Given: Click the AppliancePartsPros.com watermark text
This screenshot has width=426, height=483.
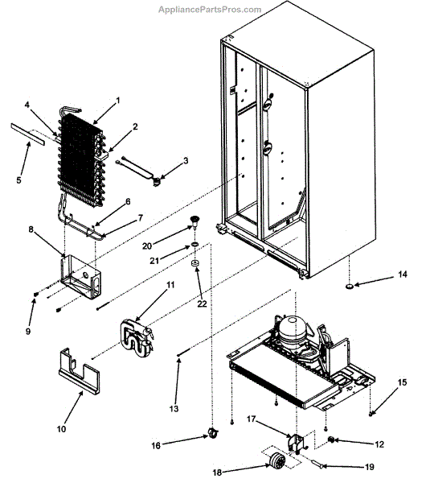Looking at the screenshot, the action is click(210, 10).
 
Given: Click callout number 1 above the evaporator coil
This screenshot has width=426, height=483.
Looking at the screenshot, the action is click(117, 101).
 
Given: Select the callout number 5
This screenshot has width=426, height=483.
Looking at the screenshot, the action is click(18, 180).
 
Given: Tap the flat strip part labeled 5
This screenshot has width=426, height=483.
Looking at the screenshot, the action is click(27, 134).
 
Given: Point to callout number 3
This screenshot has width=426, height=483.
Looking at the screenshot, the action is click(186, 160).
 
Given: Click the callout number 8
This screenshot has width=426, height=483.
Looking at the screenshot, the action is click(31, 229).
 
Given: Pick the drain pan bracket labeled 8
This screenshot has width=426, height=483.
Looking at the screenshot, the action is click(80, 276).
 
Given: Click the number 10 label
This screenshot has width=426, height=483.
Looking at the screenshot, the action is click(62, 428).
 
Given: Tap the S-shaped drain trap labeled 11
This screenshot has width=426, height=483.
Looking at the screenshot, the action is click(137, 339).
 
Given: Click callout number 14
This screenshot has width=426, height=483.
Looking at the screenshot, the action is click(403, 275).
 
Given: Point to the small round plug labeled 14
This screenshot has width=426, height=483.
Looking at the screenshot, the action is click(350, 287).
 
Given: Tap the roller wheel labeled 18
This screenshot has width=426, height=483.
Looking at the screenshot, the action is click(276, 461).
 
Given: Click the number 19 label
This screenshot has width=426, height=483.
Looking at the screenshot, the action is click(370, 467).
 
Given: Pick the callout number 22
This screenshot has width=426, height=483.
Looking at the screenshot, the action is click(202, 303).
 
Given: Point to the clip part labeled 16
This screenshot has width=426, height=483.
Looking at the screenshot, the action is click(213, 433).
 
